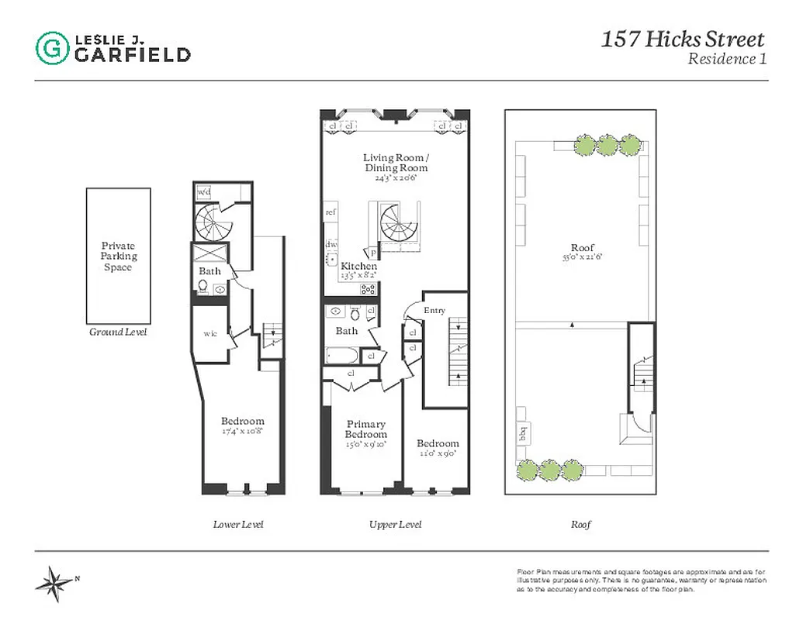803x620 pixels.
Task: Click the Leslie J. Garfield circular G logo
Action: pyautogui.click(x=52, y=46)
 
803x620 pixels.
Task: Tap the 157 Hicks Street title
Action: pyautogui.click(x=683, y=40)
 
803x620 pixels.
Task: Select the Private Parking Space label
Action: pyautogui.click(x=118, y=257)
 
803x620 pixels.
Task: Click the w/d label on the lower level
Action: pyautogui.click(x=205, y=191)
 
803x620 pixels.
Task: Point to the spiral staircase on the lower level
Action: pyautogui.click(x=211, y=224)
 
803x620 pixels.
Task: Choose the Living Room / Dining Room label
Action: pyautogui.click(x=395, y=163)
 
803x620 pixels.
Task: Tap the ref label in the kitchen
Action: pyautogui.click(x=331, y=212)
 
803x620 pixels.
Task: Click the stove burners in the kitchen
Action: pyautogui.click(x=369, y=289)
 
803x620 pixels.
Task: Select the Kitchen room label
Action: pyautogui.click(x=358, y=266)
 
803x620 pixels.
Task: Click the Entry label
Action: pyautogui.click(x=434, y=311)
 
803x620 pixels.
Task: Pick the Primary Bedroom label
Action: pyautogui.click(x=365, y=429)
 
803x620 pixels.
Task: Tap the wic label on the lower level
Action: pyautogui.click(x=209, y=334)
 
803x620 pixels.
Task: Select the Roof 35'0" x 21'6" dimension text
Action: pyautogui.click(x=582, y=258)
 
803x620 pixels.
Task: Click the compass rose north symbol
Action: pyautogui.click(x=54, y=582)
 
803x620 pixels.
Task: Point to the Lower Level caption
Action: pyautogui.click(x=238, y=525)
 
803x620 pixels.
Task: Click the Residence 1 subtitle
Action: pyautogui.click(x=727, y=59)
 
